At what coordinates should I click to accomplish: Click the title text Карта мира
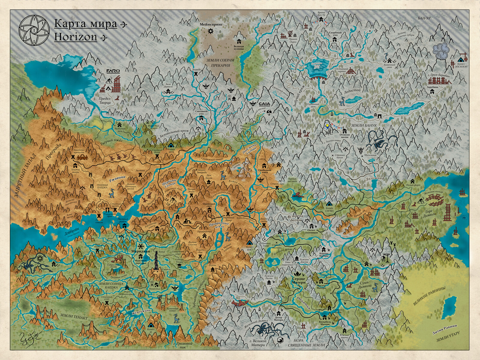(x=85, y=24)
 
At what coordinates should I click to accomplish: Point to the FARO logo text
(x=113, y=71)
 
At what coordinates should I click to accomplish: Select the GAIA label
(x=264, y=104)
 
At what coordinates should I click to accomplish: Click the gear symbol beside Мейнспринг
(x=210, y=31)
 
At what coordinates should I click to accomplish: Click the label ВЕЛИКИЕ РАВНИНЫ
(x=429, y=296)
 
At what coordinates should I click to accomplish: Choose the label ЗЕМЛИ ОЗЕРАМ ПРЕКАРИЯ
(x=220, y=62)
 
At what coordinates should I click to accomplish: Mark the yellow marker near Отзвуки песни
(x=328, y=126)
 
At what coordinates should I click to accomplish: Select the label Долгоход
(x=375, y=179)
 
